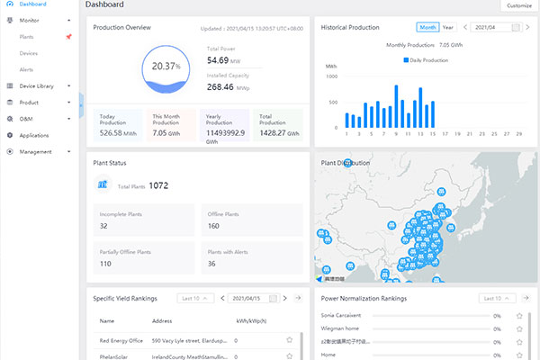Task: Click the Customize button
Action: tap(519, 5)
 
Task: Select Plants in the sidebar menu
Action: tap(27, 37)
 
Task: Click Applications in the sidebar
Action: tap(34, 135)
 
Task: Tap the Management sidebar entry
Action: tap(35, 151)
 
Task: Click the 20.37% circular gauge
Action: tap(165, 67)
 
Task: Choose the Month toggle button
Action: tap(427, 28)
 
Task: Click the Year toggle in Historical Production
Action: tap(448, 28)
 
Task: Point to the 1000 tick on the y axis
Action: tap(331, 76)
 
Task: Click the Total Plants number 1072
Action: tap(158, 185)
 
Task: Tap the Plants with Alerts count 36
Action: tap(212, 264)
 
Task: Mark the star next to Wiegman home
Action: tap(519, 328)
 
